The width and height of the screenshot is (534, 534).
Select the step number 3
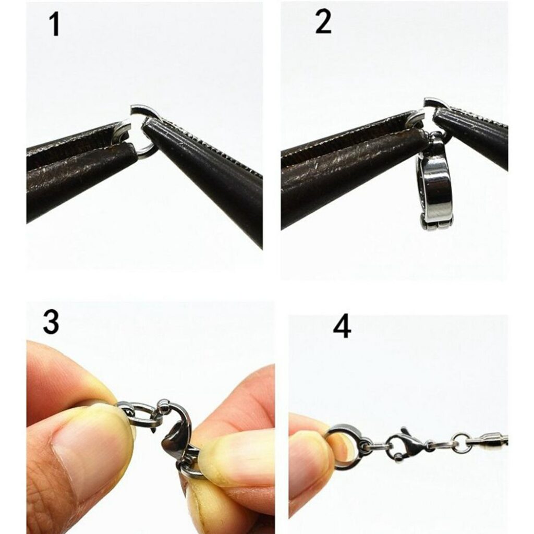coord(51,323)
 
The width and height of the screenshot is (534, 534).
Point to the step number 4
coord(342,328)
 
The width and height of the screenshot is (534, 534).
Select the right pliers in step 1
coord(209,167)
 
